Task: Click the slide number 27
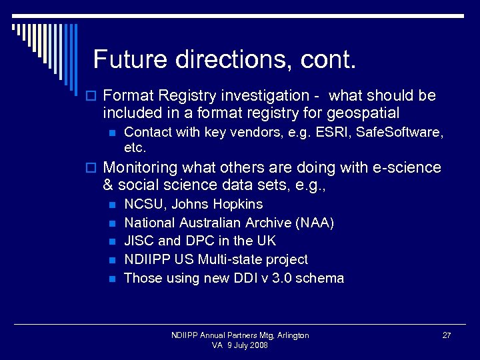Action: (x=447, y=335)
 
